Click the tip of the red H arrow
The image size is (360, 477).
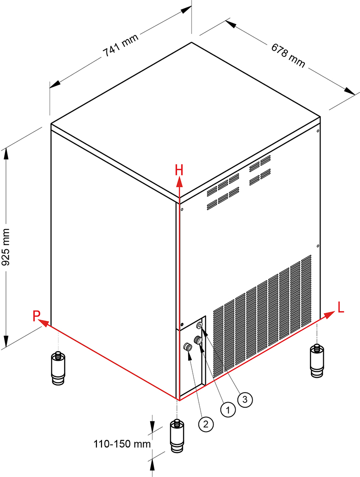[180, 178]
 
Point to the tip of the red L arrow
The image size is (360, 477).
[335, 312]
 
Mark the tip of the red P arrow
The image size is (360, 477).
[40, 320]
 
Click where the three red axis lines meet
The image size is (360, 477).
[179, 400]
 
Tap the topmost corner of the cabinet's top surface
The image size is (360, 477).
[191, 42]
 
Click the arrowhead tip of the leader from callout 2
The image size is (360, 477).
[190, 353]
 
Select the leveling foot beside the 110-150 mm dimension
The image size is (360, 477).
[176, 436]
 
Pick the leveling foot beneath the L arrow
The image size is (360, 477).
[317, 361]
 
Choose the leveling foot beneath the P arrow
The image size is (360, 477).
[58, 368]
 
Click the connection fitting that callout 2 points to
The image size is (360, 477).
[187, 347]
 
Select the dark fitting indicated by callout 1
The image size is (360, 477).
[198, 340]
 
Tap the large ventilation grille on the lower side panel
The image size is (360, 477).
[262, 314]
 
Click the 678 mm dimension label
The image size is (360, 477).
[288, 56]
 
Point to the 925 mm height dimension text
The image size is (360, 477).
[6, 247]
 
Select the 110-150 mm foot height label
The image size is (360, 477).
[122, 444]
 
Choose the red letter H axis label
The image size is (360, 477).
[179, 170]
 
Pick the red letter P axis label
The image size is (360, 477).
[36, 316]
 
